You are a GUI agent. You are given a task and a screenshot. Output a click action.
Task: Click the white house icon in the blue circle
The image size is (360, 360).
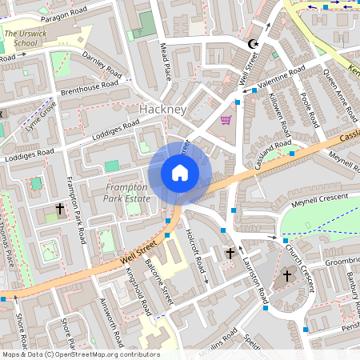(x=180, y=173)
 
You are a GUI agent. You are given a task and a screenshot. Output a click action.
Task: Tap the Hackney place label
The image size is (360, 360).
(x=163, y=109)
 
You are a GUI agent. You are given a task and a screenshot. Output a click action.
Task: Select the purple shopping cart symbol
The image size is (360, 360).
(x=226, y=120)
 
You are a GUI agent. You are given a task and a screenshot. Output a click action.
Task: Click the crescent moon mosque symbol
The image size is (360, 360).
(x=254, y=43)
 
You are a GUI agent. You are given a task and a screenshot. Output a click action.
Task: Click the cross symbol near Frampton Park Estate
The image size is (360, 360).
(x=59, y=209)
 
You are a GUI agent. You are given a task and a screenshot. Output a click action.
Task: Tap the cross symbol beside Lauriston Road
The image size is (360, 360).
(x=230, y=253)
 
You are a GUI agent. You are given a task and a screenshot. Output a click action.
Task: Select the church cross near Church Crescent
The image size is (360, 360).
(x=287, y=276)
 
